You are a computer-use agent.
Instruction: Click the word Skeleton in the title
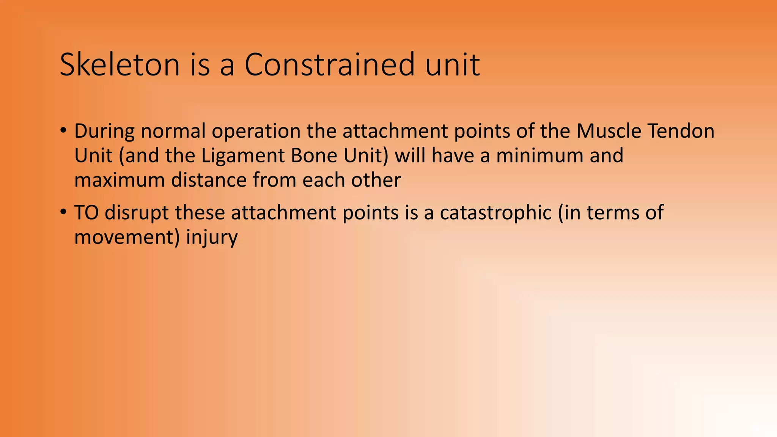click(120, 64)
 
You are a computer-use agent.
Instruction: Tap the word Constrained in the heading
click(330, 64)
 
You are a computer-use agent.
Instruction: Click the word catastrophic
click(495, 213)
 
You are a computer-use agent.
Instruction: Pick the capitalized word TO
click(87, 212)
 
